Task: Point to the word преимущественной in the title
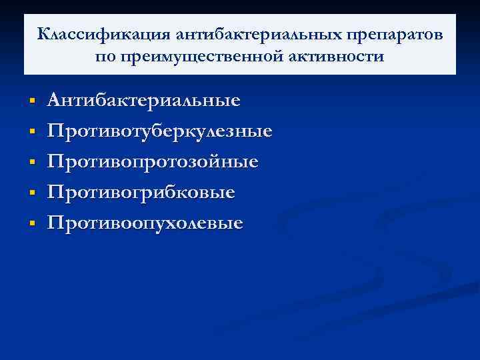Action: click(x=211, y=57)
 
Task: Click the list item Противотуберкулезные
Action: click(x=160, y=131)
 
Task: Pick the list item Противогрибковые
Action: click(x=141, y=193)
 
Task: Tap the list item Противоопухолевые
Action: click(x=145, y=223)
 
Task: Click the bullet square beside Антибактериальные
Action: click(x=31, y=102)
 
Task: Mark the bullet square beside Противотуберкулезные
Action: click(x=31, y=133)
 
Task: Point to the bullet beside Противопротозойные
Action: click(x=31, y=163)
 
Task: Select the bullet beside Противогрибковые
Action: click(x=31, y=193)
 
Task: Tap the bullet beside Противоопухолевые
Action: click(x=31, y=223)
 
